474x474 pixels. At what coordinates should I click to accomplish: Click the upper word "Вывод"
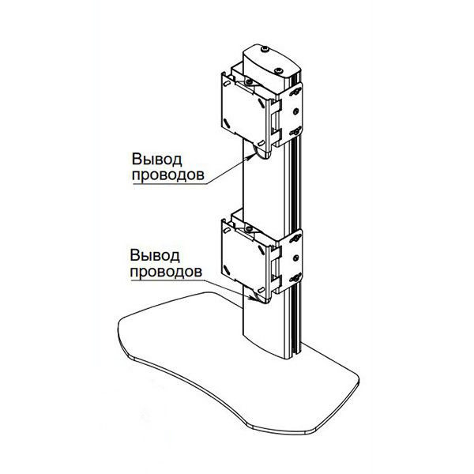[157, 160]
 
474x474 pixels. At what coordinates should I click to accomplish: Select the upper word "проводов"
[168, 175]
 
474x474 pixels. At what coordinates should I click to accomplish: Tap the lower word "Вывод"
[155, 255]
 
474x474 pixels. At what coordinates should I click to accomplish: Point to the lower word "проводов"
[166, 271]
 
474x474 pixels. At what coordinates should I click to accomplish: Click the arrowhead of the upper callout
[252, 156]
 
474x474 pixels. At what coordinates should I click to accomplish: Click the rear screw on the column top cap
[265, 49]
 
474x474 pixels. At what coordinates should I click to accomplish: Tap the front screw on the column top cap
[278, 71]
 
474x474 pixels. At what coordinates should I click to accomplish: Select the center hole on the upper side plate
[296, 112]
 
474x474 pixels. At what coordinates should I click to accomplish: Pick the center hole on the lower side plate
[296, 258]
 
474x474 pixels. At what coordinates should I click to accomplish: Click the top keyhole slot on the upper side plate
[295, 92]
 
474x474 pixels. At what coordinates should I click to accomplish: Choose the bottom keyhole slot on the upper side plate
[295, 132]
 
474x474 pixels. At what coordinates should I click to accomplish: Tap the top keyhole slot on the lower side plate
[295, 239]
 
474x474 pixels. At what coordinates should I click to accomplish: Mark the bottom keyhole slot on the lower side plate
[295, 278]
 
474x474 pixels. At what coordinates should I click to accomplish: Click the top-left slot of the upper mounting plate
[227, 83]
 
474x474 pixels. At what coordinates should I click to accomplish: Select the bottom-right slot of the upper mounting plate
[261, 143]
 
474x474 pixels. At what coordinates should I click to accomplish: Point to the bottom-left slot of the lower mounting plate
[226, 269]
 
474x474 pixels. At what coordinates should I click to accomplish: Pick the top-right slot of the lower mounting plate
[261, 250]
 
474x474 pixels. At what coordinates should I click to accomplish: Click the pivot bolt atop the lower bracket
[249, 228]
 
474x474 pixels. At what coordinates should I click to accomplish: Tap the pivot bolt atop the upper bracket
[249, 81]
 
